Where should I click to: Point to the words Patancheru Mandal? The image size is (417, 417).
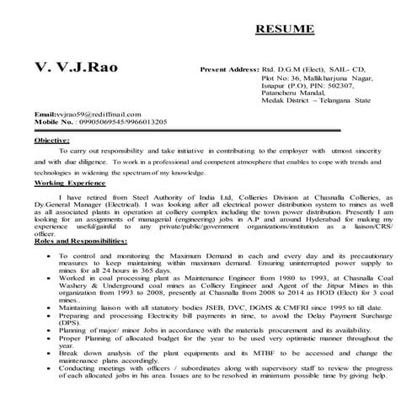tap(288, 96)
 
